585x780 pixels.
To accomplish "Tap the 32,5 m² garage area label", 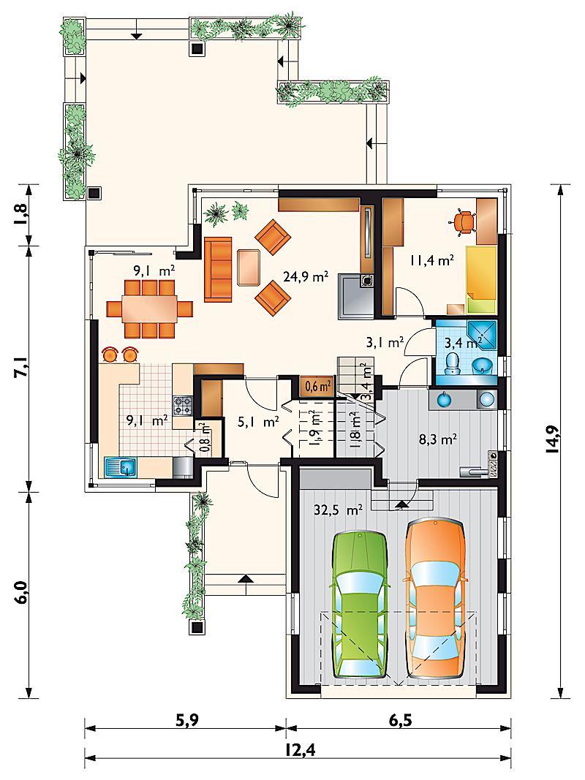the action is [339, 510].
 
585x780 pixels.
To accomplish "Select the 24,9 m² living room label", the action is [306, 276].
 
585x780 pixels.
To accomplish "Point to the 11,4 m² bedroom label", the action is [431, 260].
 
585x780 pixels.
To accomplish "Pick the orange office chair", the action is [464, 221].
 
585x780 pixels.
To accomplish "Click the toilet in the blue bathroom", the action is [453, 362].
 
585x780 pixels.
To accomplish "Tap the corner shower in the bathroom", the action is [482, 335].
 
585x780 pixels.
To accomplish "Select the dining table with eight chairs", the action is [150, 309].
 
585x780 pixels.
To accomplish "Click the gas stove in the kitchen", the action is [181, 406].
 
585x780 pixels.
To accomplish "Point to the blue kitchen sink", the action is [121, 467].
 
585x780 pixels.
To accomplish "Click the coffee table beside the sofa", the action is [249, 267].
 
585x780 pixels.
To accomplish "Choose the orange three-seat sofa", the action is [218, 269].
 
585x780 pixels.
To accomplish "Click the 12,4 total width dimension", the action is [298, 748].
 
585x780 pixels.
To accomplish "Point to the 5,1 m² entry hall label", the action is [257, 423].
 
